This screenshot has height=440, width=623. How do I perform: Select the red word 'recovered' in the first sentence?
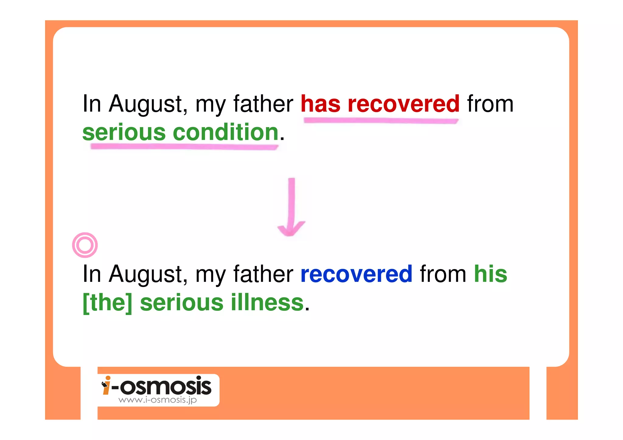pyautogui.click(x=403, y=104)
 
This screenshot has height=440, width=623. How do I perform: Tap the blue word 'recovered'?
pyautogui.click(x=356, y=274)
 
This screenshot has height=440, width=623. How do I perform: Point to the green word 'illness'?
pyautogui.click(x=267, y=303)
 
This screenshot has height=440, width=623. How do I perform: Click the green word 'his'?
pyautogui.click(x=490, y=274)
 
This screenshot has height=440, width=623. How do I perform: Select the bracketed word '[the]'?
pyautogui.click(x=108, y=303)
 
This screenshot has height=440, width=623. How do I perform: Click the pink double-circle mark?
pyautogui.click(x=85, y=245)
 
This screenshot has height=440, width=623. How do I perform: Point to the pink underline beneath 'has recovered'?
pyautogui.click(x=381, y=121)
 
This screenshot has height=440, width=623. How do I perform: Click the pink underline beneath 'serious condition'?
pyautogui.click(x=184, y=147)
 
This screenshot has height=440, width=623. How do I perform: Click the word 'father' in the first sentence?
pyautogui.click(x=263, y=104)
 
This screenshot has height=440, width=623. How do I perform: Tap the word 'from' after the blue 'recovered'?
pyautogui.click(x=443, y=274)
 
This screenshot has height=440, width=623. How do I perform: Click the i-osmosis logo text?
pyautogui.click(x=161, y=386)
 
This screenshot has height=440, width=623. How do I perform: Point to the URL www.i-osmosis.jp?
pyautogui.click(x=158, y=400)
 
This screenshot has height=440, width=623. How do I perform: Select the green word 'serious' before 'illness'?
pyautogui.click(x=182, y=303)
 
